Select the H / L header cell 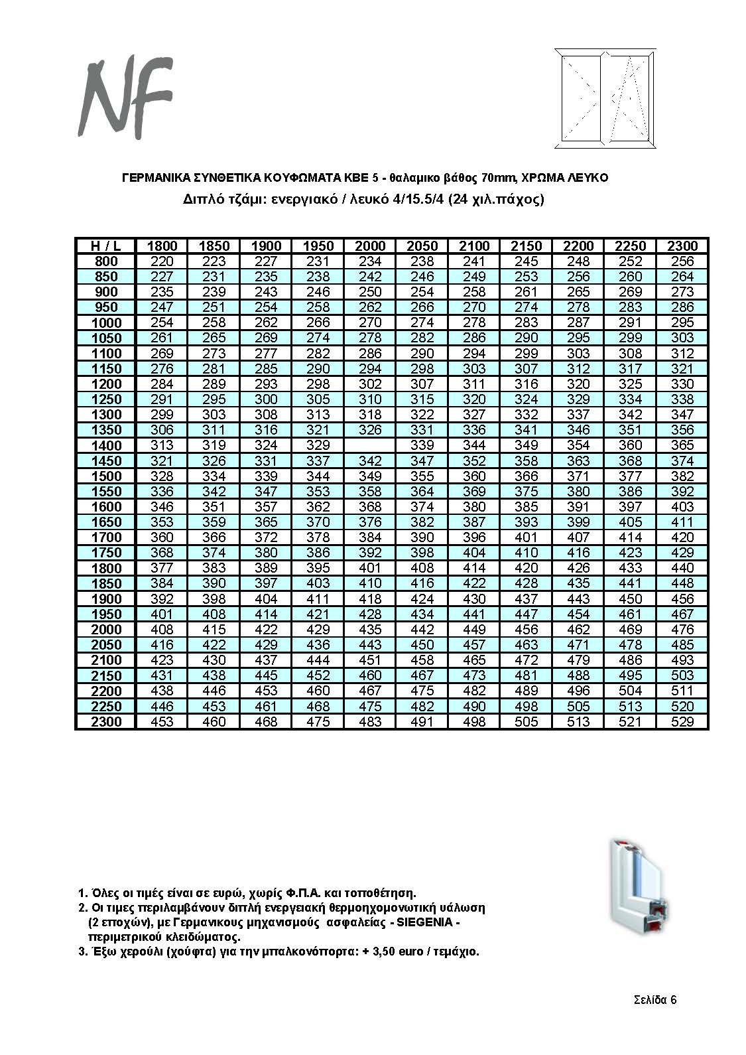(x=105, y=246)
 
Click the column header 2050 (x=422, y=246)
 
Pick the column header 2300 (x=682, y=246)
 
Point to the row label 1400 (x=105, y=445)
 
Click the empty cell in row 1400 (x=370, y=445)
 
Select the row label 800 (x=105, y=261)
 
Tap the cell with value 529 (x=682, y=722)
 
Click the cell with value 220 (x=162, y=261)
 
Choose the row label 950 (x=105, y=307)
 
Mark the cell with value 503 (x=682, y=675)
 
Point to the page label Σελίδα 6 (x=654, y=1000)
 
